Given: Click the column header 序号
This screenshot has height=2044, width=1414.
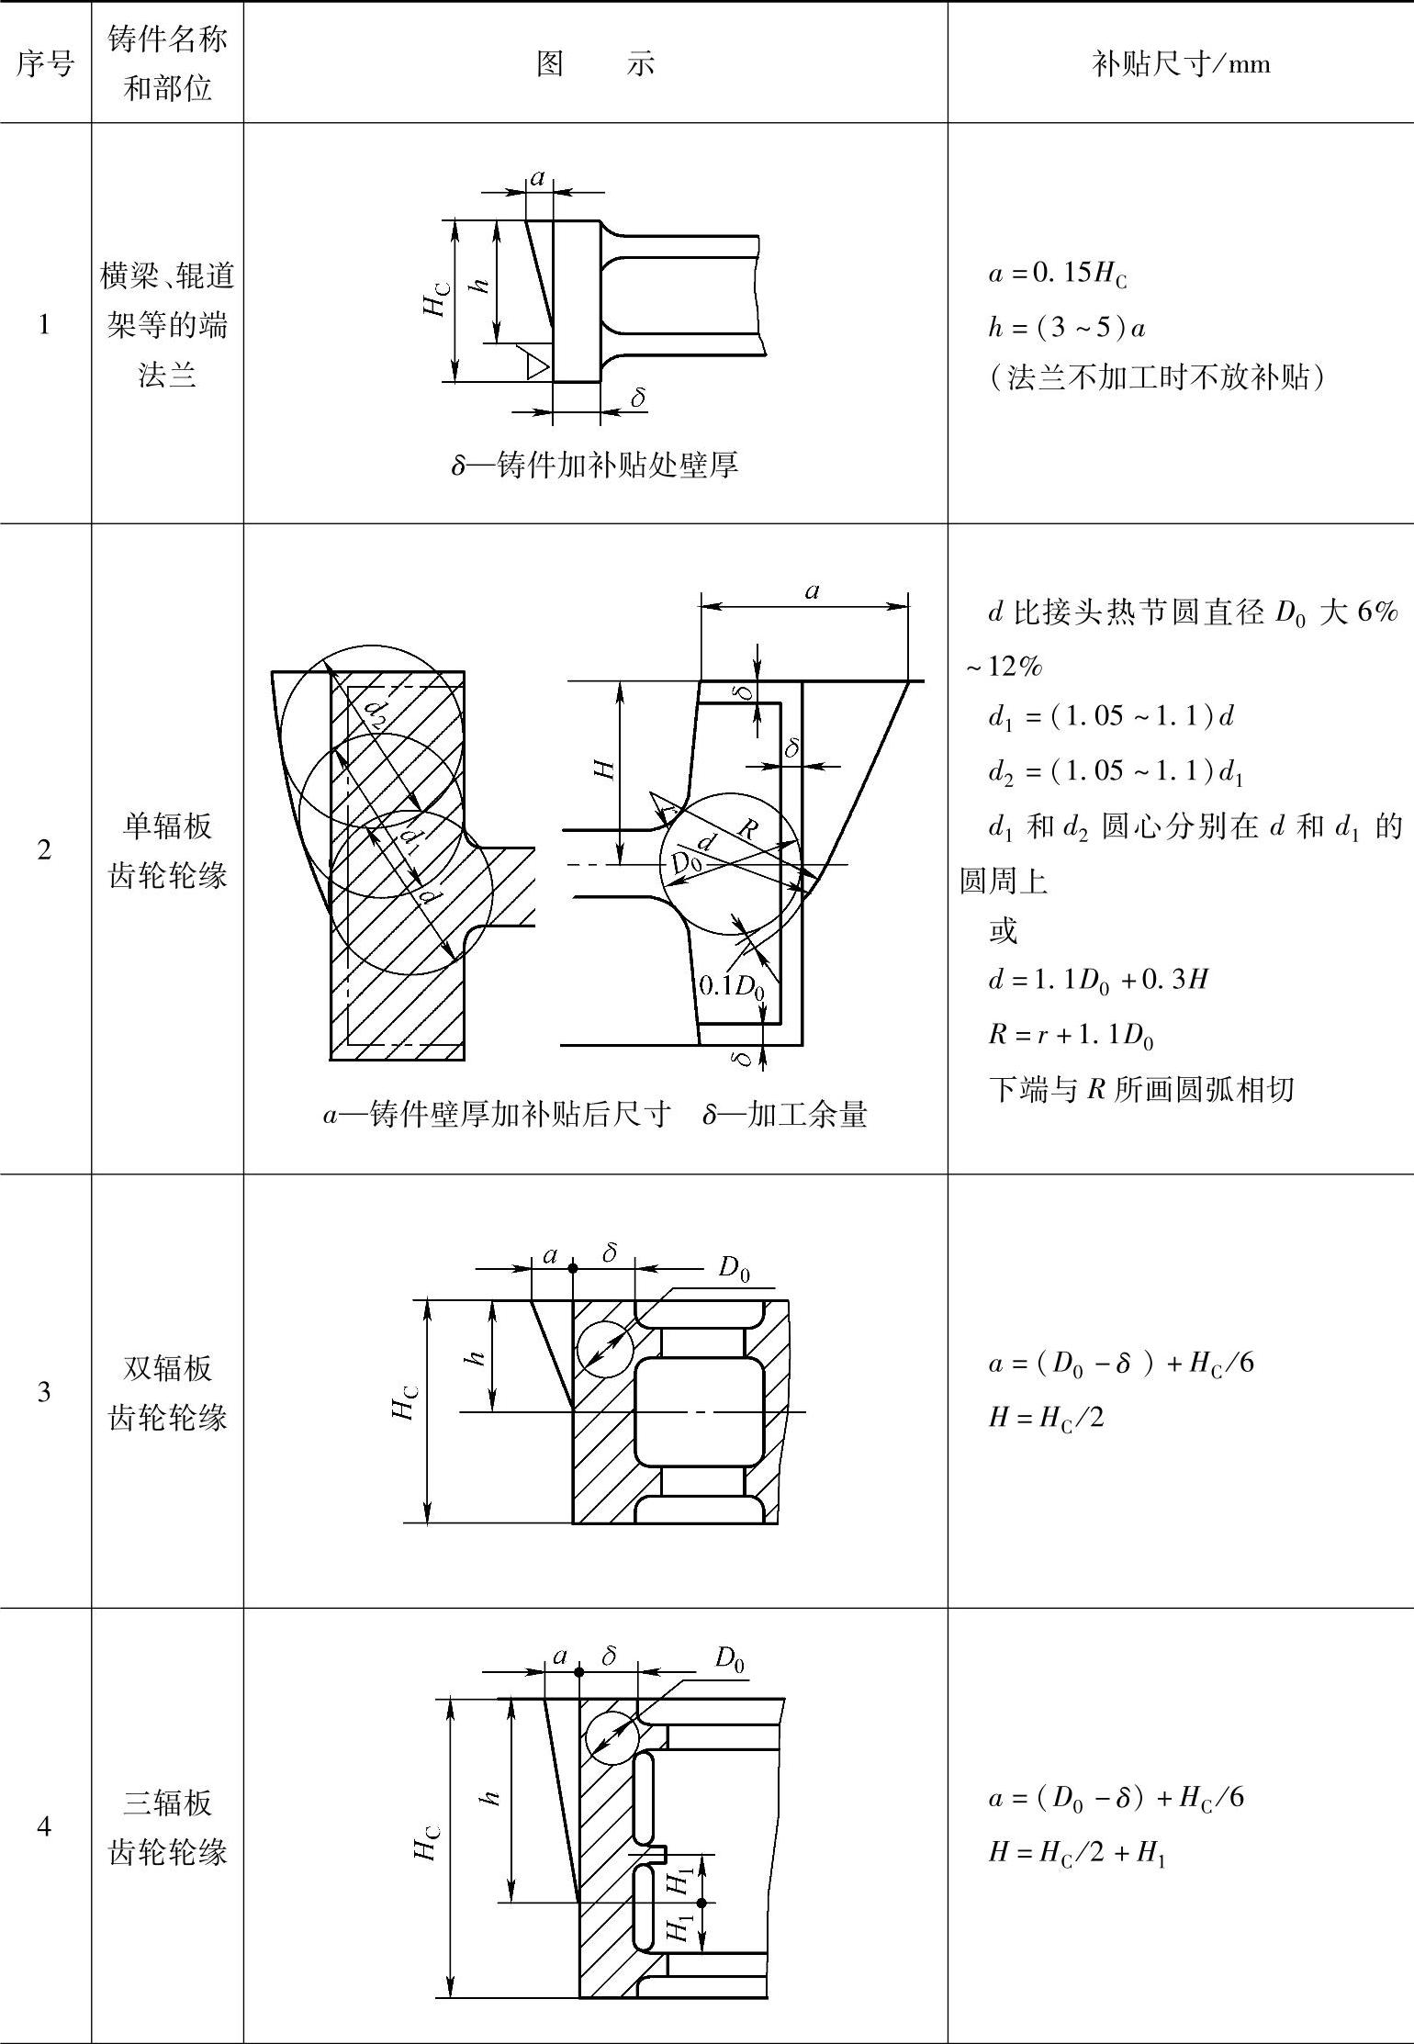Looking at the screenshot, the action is [x=44, y=63].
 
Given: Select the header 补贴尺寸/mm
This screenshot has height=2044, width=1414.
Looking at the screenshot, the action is [x=1181, y=63].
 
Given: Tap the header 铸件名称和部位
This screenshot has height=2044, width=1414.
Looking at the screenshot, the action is [x=167, y=63].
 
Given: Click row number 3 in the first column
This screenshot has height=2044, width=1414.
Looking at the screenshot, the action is [x=44, y=1392].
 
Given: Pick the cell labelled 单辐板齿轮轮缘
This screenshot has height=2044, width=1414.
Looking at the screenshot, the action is [x=167, y=850].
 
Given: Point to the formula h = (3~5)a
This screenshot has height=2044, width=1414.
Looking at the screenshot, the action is [x=1067, y=328].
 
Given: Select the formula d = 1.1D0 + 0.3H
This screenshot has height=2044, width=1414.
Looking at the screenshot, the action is [x=1098, y=981].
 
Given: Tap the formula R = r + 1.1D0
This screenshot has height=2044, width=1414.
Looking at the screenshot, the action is [x=1071, y=1036].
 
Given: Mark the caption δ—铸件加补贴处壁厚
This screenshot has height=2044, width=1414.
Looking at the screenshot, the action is [x=595, y=466].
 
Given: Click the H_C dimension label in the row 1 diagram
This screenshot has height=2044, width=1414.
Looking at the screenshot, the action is [x=437, y=299].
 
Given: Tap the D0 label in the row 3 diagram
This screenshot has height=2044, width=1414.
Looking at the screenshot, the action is [x=734, y=1269].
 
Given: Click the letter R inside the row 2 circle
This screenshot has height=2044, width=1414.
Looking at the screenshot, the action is [x=748, y=829].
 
